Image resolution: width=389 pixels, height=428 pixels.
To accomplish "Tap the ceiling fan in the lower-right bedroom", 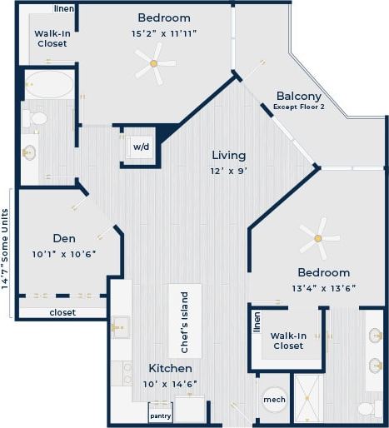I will click(x=319, y=241).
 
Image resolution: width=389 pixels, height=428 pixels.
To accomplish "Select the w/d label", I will click(x=141, y=147).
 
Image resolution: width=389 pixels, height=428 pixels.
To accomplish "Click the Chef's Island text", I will click(x=185, y=321).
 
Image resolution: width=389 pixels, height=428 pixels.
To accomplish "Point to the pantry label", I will click(x=160, y=416).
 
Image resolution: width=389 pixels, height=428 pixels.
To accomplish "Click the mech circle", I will click(x=274, y=401).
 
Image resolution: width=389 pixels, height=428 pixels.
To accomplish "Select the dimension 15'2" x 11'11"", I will click(x=163, y=34).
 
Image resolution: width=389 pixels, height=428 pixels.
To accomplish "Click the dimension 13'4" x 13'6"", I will click(x=324, y=289).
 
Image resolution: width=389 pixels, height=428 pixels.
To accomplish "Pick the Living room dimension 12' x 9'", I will click(x=228, y=171).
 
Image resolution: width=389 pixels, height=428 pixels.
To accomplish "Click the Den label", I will click(x=64, y=238).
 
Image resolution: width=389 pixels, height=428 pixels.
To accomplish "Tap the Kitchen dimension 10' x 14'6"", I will click(x=170, y=384).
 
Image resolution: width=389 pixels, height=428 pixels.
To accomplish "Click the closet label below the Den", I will click(x=62, y=313).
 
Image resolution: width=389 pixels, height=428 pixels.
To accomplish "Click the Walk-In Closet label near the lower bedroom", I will click(x=287, y=340).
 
